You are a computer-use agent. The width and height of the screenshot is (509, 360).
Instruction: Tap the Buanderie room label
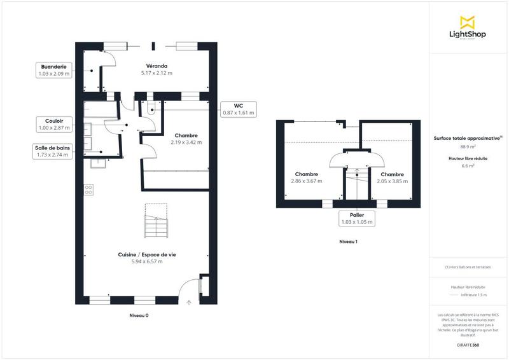(53, 66)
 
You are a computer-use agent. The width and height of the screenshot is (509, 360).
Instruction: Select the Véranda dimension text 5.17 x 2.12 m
(157, 73)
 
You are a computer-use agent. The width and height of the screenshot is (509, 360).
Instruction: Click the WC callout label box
(238, 109)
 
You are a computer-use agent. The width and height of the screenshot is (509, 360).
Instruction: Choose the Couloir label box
(53, 124)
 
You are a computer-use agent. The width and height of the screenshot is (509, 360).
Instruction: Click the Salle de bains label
(53, 151)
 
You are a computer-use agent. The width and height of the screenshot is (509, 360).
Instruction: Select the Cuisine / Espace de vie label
(147, 254)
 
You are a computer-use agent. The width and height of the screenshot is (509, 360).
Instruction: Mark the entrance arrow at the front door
(189, 303)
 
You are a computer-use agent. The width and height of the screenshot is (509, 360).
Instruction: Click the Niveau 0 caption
(139, 315)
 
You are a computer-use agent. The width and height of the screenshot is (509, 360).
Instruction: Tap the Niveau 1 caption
(348, 242)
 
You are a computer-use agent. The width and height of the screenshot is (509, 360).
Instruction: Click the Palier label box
(356, 219)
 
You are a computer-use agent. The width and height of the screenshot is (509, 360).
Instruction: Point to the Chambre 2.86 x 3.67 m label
(307, 177)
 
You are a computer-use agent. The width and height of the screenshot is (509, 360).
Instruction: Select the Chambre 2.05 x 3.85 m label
(392, 177)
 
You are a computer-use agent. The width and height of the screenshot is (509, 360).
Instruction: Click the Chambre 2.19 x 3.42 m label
(186, 139)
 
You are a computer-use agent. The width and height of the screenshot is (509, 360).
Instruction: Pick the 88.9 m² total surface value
(468, 147)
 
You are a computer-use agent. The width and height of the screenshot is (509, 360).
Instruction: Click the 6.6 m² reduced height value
(468, 165)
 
